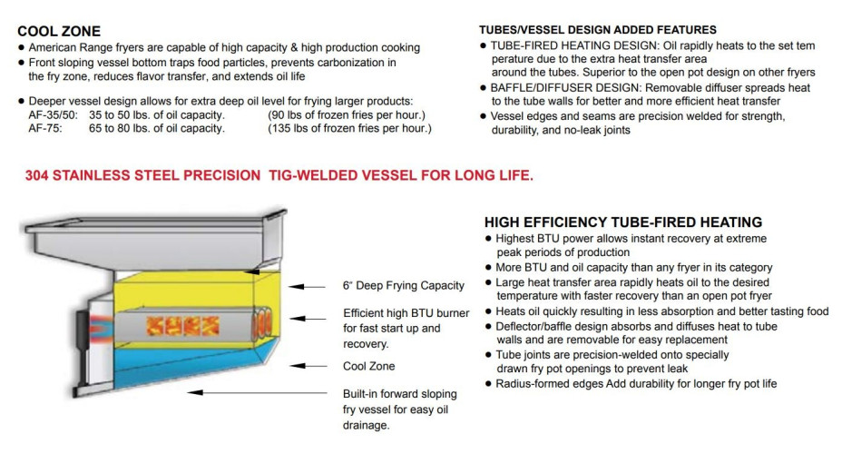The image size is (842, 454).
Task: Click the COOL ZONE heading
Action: pyautogui.click(x=59, y=31)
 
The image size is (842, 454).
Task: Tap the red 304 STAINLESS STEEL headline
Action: pyautogui.click(x=279, y=175)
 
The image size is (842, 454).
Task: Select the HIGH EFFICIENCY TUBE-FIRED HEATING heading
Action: pyautogui.click(x=623, y=222)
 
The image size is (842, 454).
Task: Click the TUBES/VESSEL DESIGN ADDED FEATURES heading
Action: pyautogui.click(x=598, y=30)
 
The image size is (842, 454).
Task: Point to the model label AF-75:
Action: pyautogui.click(x=45, y=128)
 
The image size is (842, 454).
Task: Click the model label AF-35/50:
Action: pyautogui.click(x=54, y=115)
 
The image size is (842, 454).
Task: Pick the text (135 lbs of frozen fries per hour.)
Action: pyautogui.click(x=349, y=128)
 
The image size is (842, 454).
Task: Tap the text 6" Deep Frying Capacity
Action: pyautogui.click(x=403, y=286)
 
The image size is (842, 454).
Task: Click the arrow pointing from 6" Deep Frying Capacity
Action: pyautogui.click(x=307, y=287)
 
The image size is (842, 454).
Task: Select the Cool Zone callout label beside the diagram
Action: pyautogui.click(x=369, y=367)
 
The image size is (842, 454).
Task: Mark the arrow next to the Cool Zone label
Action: pyautogui.click(x=308, y=366)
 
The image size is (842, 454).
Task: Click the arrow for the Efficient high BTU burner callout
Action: pyautogui.click(x=308, y=319)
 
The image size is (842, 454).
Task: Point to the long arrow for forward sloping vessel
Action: pyautogui.click(x=257, y=393)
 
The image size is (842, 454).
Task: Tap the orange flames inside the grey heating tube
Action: pyautogui.click(x=182, y=326)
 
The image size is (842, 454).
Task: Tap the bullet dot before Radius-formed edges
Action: pyautogui.click(x=488, y=383)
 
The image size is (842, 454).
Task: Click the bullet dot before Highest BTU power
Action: pyautogui.click(x=488, y=239)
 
